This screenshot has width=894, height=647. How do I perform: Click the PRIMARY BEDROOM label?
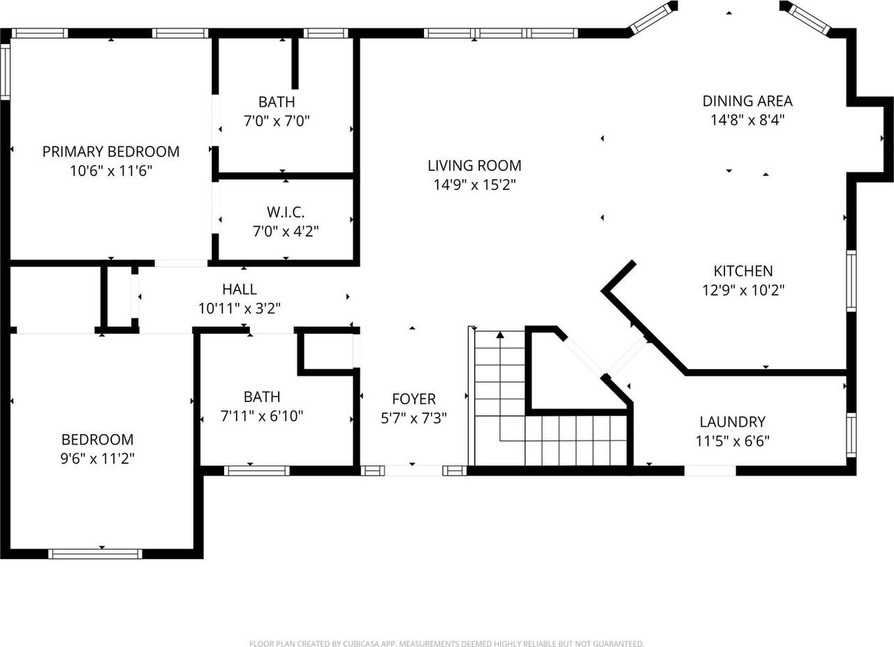tap(111, 151)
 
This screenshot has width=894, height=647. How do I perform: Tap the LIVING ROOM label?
tap(474, 165)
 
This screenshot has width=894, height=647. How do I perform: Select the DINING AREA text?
tap(747, 101)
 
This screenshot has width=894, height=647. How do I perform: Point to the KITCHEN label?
tap(743, 271)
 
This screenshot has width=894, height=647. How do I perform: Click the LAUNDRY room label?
tap(732, 422)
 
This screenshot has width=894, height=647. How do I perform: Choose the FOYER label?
tap(413, 399)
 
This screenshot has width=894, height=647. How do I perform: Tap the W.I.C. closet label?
tap(286, 211)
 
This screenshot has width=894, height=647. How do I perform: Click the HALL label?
tap(240, 289)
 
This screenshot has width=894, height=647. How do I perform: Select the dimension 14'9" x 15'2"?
tap(474, 185)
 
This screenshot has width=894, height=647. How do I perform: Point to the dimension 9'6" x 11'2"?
tap(97, 459)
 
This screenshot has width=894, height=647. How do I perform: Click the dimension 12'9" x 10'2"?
tap(743, 290)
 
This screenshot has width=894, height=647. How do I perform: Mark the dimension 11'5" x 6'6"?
tap(732, 441)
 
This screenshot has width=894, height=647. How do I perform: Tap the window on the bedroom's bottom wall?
tap(95, 554)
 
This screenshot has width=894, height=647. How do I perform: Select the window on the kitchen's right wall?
tap(851, 281)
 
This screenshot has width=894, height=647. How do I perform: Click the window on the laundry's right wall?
tap(851, 435)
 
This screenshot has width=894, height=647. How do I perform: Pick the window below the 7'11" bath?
tap(256, 471)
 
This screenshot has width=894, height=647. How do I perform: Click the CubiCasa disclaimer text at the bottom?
tap(446, 644)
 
